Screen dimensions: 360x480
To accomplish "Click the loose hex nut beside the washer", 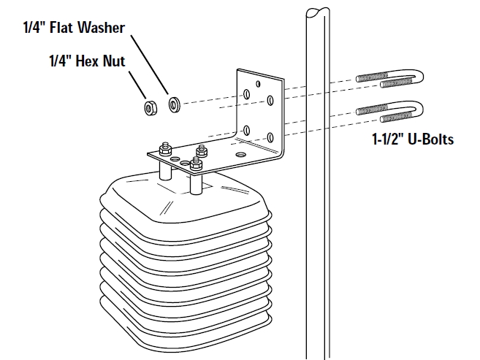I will click(150, 108).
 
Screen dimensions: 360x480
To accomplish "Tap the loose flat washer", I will click(175, 104).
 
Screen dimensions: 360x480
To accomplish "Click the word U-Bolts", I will click(430, 139).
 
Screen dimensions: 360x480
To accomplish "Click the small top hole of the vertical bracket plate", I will click(258, 83).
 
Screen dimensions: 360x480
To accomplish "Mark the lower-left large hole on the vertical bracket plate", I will click(247, 129).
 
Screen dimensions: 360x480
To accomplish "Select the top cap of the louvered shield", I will click(183, 197).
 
